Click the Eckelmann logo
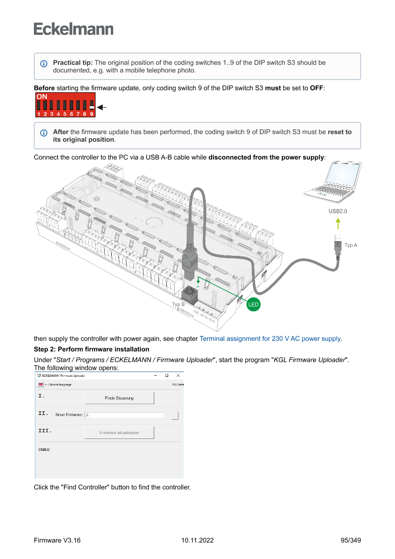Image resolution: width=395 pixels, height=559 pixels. click(74, 29)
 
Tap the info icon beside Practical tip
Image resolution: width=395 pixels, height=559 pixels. click(44, 64)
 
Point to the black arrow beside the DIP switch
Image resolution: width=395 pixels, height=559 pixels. click(101, 108)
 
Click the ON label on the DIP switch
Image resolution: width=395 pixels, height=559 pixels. click(42, 97)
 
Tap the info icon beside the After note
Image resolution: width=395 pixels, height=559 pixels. click(44, 132)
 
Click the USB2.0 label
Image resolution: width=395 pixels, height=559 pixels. click(338, 211)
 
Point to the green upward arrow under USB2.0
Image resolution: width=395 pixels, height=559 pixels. click(338, 223)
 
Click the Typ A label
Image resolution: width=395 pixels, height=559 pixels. click(351, 245)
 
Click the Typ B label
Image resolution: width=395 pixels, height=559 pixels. click(178, 304)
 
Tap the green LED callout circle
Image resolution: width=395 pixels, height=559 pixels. click(253, 304)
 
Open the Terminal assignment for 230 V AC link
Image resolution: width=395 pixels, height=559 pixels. click(270, 339)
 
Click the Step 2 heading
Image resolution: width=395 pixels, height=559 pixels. click(91, 350)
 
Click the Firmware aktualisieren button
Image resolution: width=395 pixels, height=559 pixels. click(119, 433)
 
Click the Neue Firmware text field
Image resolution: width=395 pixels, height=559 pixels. click(124, 415)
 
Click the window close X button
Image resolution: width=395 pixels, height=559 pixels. click(178, 376)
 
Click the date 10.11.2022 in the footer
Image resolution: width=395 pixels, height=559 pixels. click(197, 540)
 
